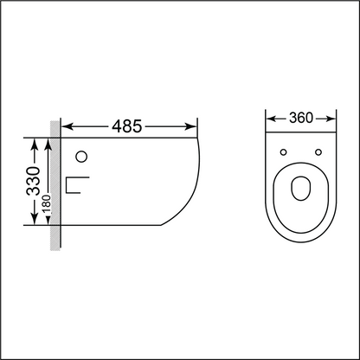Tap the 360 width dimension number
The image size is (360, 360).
point(300,116)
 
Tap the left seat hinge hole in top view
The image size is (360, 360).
point(283,153)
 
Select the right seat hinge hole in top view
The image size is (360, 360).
point(318,153)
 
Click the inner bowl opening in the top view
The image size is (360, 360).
point(300,189)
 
